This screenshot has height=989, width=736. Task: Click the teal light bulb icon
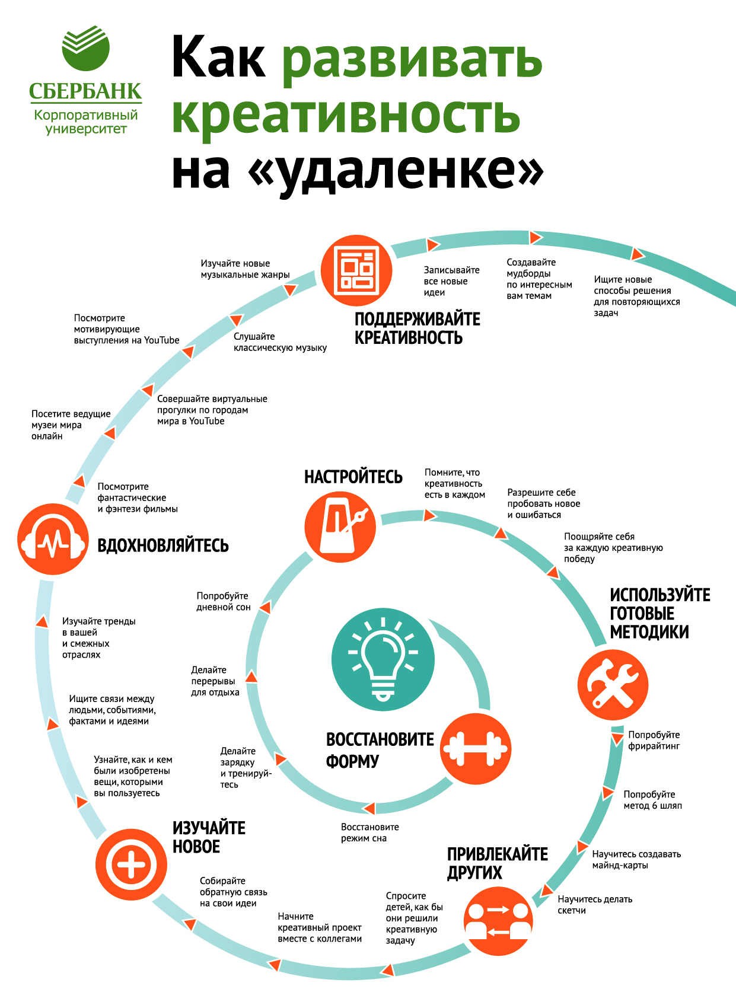383,659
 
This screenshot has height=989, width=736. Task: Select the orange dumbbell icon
476,748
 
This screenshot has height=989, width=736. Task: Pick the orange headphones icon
53,539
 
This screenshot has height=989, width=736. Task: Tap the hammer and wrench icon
613,685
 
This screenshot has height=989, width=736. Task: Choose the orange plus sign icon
131,864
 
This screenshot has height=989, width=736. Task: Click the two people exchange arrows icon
498,921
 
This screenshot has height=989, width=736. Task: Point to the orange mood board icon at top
356,270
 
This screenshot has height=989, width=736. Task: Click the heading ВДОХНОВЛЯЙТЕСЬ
163,545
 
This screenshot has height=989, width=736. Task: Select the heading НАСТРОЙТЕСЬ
353,477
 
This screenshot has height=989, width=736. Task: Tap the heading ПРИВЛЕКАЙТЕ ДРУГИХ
497,863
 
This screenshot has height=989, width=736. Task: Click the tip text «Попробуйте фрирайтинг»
654,740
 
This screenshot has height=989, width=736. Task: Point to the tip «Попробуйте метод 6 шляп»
652,800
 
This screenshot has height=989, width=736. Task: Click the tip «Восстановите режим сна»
369,832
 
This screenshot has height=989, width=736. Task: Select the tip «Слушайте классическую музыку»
280,342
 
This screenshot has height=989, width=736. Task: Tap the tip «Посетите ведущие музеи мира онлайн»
71,425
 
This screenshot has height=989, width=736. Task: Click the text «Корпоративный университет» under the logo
86,122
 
